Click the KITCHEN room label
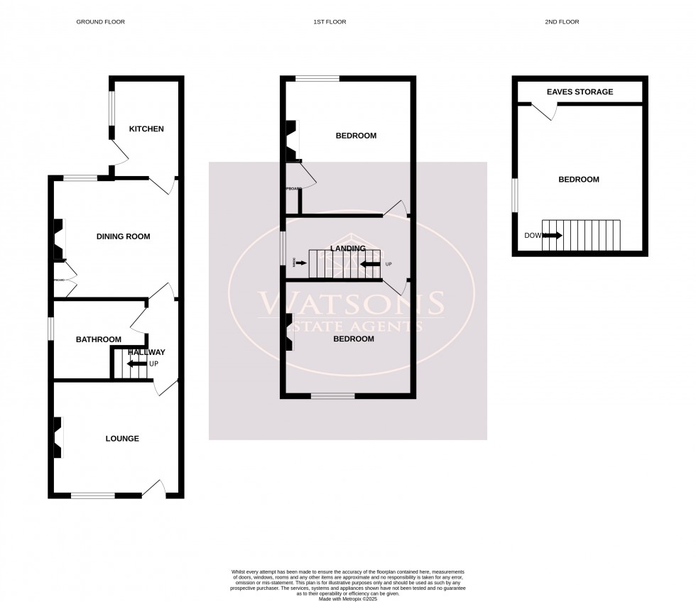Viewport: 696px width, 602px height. (146, 129)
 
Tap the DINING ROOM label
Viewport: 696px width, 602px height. (124, 236)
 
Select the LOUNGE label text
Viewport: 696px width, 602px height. (122, 439)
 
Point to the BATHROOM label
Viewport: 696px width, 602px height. (99, 340)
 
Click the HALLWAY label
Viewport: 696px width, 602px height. (147, 352)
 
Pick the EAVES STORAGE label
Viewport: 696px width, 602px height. (580, 92)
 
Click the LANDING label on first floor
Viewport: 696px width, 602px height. (348, 248)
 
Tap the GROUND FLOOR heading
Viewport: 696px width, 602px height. (100, 22)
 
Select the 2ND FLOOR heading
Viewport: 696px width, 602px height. (562, 22)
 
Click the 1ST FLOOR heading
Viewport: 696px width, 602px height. (330, 22)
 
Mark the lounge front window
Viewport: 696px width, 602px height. (92, 495)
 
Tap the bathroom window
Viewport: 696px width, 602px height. (50, 329)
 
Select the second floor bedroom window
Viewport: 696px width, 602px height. (515, 195)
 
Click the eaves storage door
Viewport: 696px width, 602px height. (545, 111)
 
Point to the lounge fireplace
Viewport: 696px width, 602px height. (57, 437)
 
